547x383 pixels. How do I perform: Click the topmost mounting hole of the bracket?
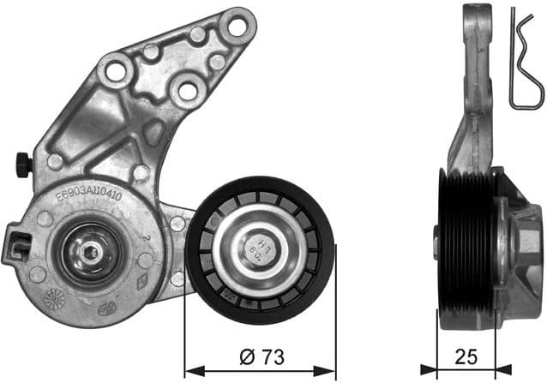[x=232, y=25]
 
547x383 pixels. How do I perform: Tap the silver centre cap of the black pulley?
[x=260, y=249]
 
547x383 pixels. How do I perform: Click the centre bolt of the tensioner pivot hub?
[x=89, y=253]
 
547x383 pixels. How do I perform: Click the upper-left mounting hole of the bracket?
[x=114, y=69]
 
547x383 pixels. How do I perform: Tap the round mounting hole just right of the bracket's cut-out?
[x=184, y=88]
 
